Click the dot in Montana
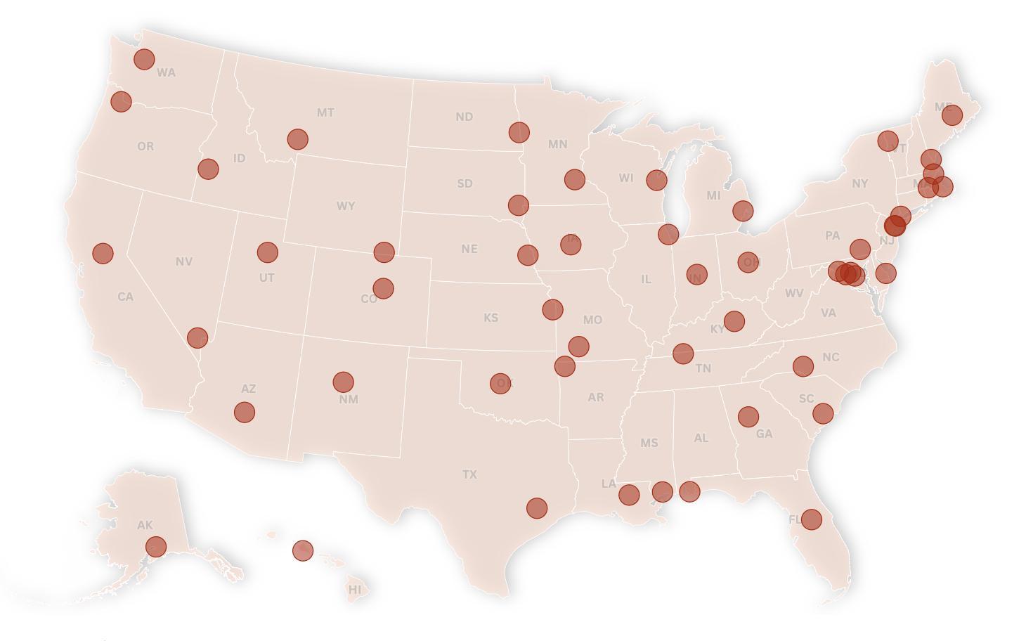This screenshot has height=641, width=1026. (x=298, y=139)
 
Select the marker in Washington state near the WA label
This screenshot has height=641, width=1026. (x=144, y=59)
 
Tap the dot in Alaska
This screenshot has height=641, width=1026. (x=156, y=546)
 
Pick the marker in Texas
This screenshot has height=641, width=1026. (x=536, y=508)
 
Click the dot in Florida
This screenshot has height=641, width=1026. (x=812, y=519)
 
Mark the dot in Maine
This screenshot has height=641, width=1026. (x=952, y=115)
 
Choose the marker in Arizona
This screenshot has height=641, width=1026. (x=245, y=412)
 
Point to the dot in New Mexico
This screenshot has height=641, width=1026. (x=343, y=382)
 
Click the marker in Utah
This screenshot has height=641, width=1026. (x=267, y=252)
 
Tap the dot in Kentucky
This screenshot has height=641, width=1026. (x=734, y=321)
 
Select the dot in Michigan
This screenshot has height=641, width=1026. (x=743, y=210)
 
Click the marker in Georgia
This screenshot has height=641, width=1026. (x=748, y=417)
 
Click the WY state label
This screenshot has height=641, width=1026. (x=346, y=207)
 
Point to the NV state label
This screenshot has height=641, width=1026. (x=184, y=261)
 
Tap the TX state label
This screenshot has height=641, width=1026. (x=469, y=475)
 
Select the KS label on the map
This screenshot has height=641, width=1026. (x=491, y=318)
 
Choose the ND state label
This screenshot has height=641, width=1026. (x=464, y=117)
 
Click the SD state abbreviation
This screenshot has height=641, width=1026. (x=465, y=183)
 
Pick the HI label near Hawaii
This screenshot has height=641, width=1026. (x=355, y=590)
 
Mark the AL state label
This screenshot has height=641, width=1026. (x=701, y=438)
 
